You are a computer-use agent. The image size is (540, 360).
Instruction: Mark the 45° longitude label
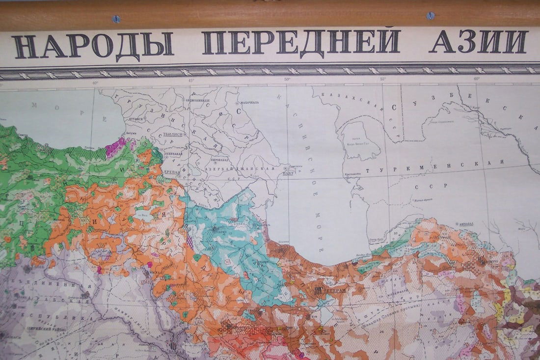point(190,80)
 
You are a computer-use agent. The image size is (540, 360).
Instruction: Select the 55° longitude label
point(382,79)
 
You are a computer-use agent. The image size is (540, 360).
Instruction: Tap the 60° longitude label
point(477,79)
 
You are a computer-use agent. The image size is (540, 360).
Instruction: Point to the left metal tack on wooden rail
point(116,19)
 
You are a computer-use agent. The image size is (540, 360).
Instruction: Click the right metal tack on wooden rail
point(431,15)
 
